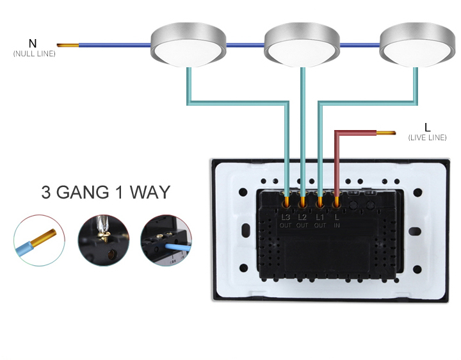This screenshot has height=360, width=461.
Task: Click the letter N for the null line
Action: click(x=33, y=44)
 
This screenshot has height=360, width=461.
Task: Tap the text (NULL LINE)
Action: click(x=35, y=54)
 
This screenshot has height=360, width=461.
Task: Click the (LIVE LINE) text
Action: click(x=427, y=138)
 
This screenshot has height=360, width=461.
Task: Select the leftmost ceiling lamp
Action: click(x=188, y=45)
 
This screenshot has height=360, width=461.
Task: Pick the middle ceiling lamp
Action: click(x=302, y=45)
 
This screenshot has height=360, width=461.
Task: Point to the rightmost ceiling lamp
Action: click(x=417, y=45)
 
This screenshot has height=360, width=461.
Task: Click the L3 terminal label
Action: click(x=286, y=217)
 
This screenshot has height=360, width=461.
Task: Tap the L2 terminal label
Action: click(x=302, y=217)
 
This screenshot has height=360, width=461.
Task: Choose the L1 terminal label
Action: click(x=320, y=217)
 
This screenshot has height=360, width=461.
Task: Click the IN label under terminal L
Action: click(x=337, y=225)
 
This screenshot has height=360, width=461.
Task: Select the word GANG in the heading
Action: click(x=83, y=192)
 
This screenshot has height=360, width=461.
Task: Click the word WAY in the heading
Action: click(x=150, y=192)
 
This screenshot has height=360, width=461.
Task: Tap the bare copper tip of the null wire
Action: click(x=68, y=45)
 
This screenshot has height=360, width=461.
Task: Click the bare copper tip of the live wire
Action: click(x=386, y=133)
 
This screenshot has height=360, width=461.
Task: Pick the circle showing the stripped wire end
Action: click(x=40, y=241)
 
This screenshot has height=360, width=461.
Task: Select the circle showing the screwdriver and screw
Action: click(x=104, y=241)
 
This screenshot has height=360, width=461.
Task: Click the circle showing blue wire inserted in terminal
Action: click(x=166, y=241)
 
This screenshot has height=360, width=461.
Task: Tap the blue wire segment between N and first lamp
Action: click(x=115, y=45)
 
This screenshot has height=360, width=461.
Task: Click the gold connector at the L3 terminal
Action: click(x=286, y=202)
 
